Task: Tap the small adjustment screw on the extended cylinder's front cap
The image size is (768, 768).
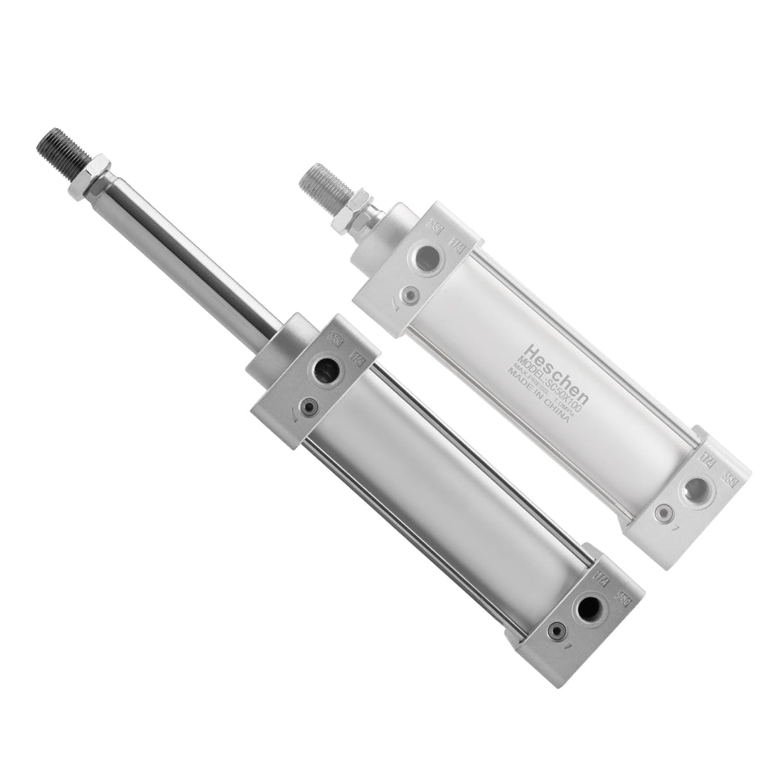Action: tap(309, 407)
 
